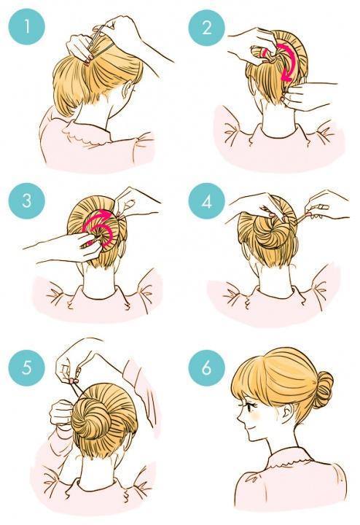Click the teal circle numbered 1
(27, 27)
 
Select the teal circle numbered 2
(206, 27)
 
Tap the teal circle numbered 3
(27, 201)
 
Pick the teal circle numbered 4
(206, 201)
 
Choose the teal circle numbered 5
(27, 368)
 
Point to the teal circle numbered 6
(206, 368)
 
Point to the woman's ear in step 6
(286, 413)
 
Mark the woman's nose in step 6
(240, 417)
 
